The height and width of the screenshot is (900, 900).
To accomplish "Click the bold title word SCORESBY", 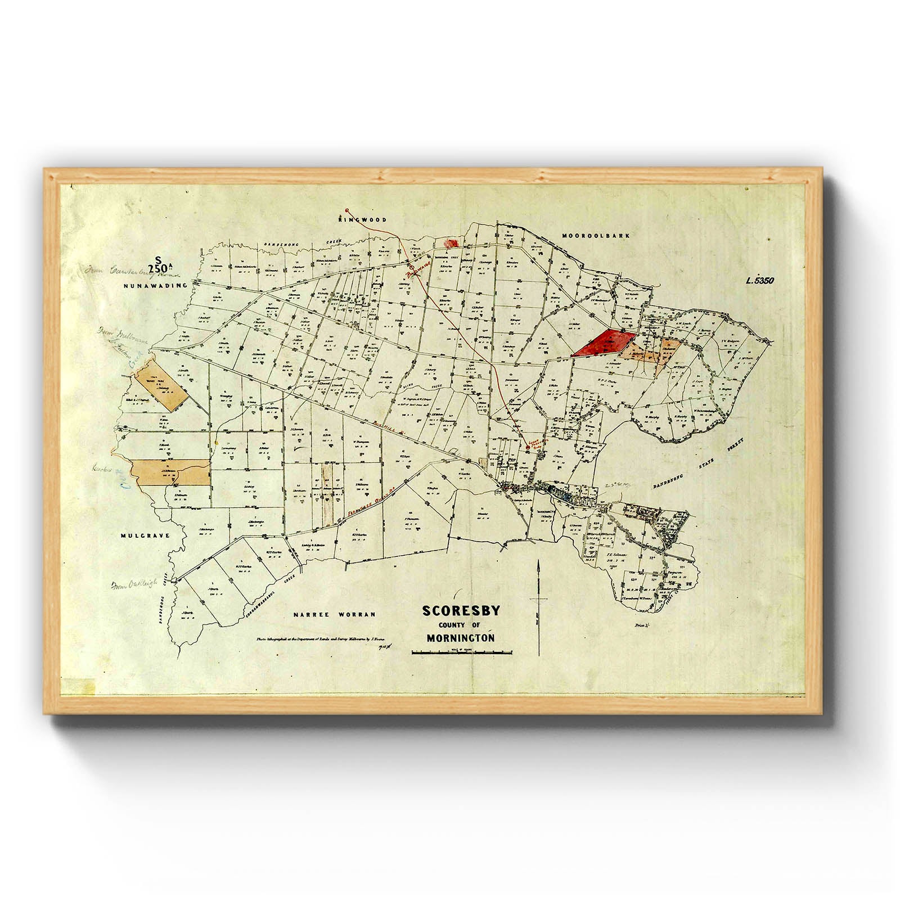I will [x=461, y=611].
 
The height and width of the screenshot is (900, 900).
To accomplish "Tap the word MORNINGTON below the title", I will [x=461, y=638].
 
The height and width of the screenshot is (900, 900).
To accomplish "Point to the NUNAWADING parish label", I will [x=155, y=286].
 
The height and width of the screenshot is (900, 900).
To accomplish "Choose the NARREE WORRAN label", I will [x=334, y=614].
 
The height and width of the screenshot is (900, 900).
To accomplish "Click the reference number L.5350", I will [x=760, y=281].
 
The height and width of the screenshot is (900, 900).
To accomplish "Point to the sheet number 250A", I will [x=159, y=268].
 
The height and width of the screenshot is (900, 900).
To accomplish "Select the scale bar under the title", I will [x=461, y=652].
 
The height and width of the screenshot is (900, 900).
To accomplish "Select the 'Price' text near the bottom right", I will [x=641, y=625].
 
